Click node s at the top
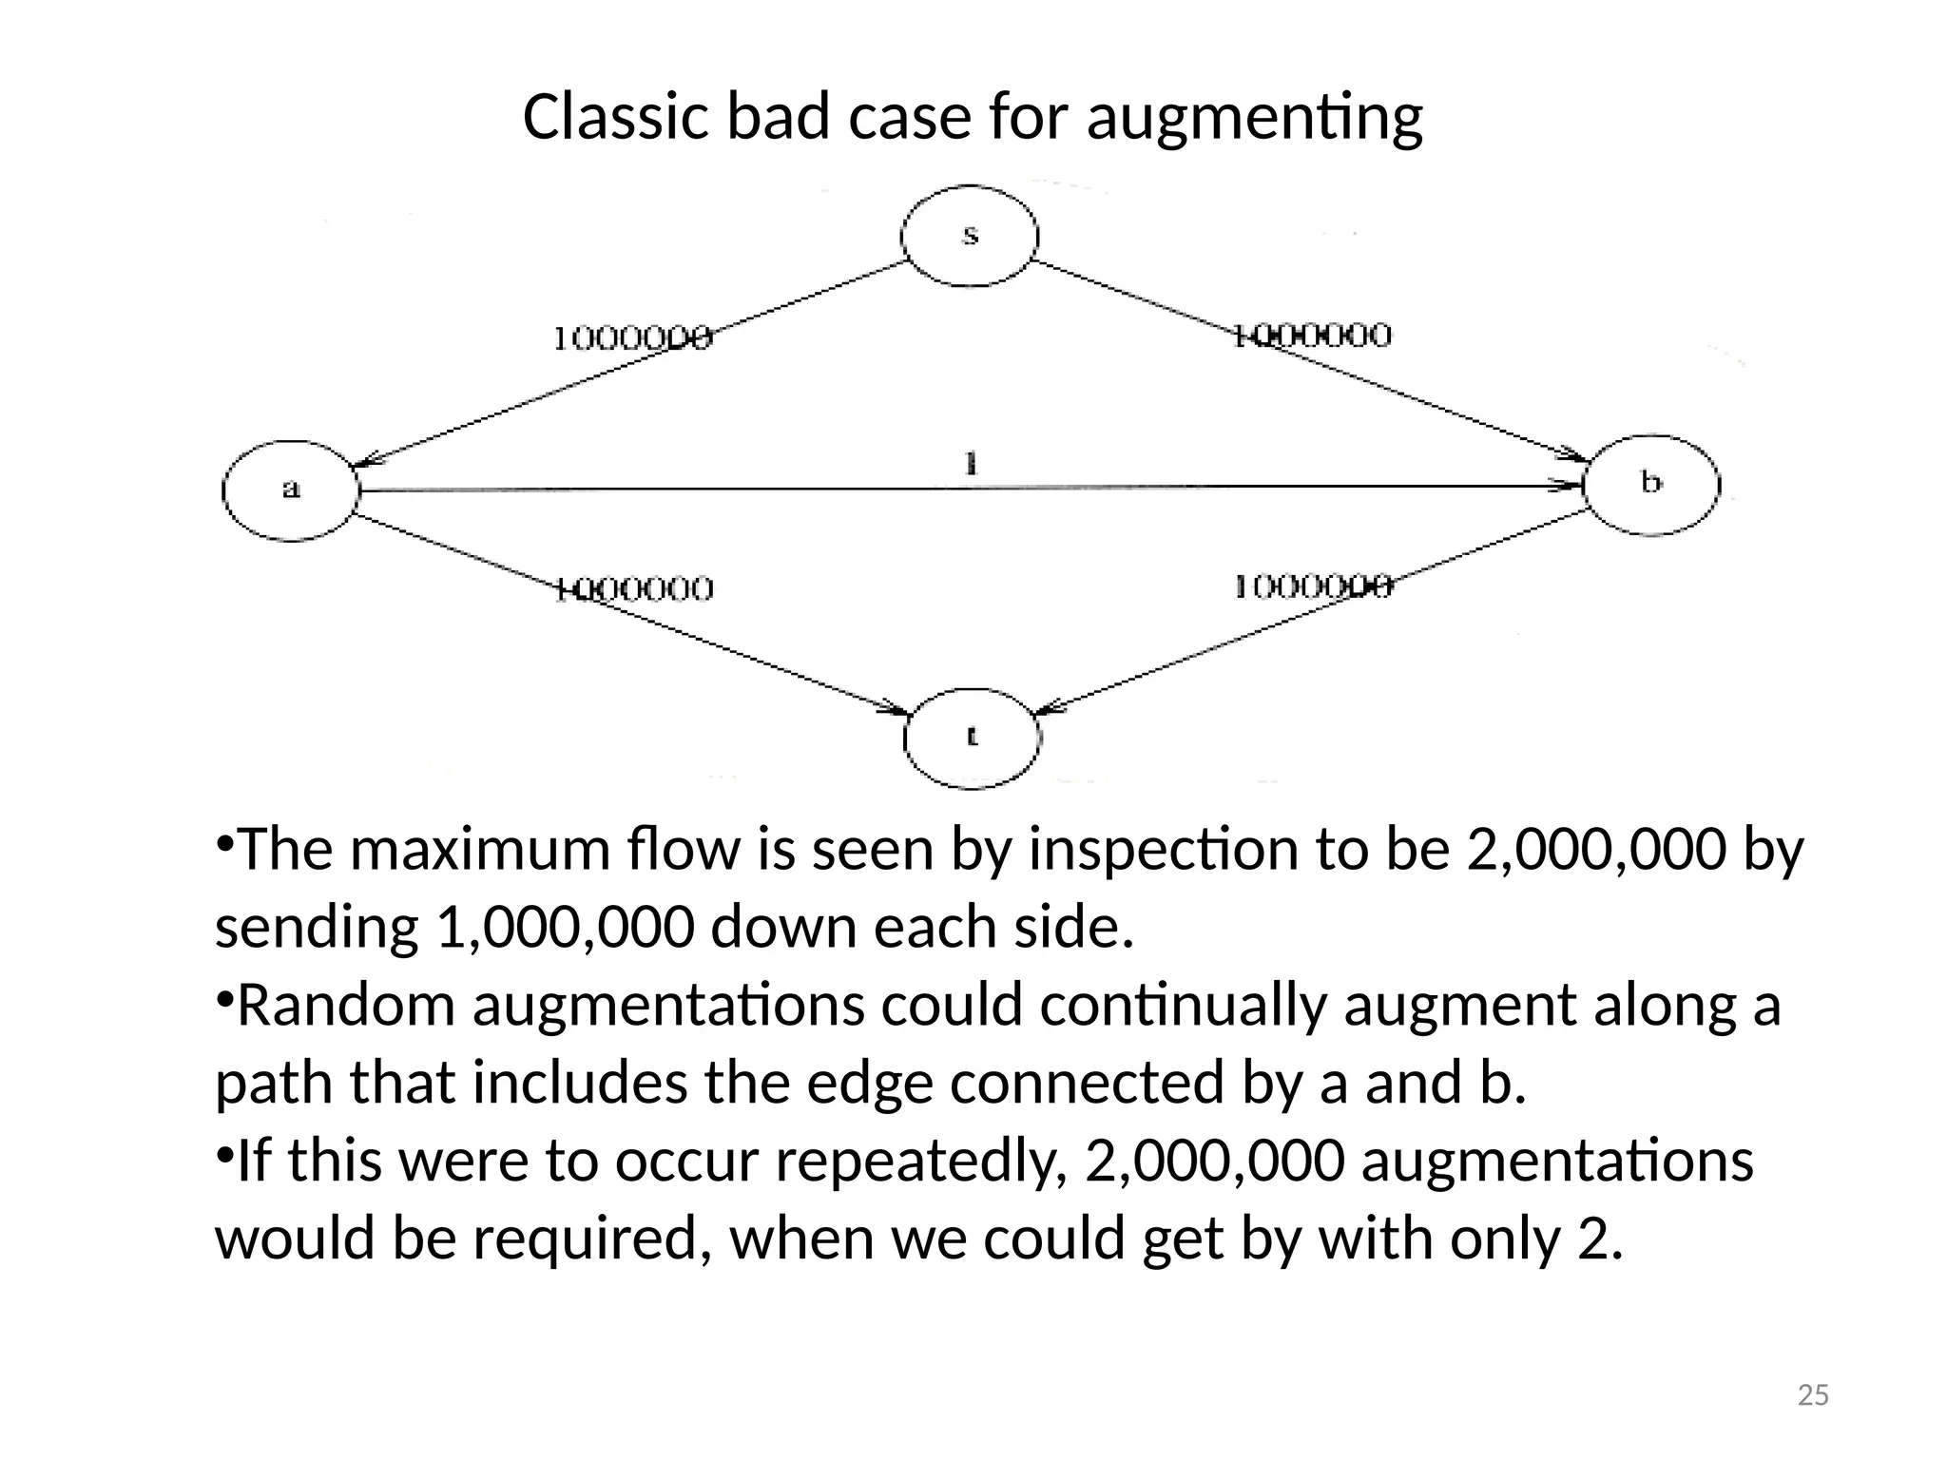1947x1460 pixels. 969,235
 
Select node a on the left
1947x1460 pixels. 291,490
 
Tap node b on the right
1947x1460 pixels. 1651,485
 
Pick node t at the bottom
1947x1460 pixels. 971,738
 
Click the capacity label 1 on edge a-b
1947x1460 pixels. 971,465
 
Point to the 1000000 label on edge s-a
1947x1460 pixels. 632,338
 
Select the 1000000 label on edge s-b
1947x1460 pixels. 1312,336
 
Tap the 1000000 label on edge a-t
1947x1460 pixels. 632,589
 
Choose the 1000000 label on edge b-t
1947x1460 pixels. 1313,586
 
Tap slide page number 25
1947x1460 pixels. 1813,1395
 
